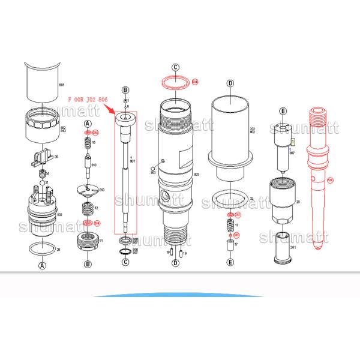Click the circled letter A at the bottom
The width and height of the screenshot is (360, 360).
(x=42, y=265)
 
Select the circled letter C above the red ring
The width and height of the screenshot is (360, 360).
(x=175, y=68)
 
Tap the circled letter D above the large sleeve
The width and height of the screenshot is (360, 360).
(x=230, y=83)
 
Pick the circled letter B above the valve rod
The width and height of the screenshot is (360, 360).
(x=125, y=89)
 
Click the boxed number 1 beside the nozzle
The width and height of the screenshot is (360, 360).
(x=292, y=142)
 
